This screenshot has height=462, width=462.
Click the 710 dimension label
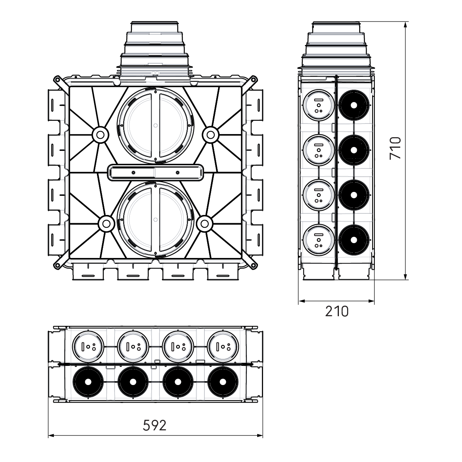point(396,148)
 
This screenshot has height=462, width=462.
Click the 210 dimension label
point(337,311)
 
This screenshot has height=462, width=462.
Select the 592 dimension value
point(155,425)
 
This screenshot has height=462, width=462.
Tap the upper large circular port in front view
point(155,125)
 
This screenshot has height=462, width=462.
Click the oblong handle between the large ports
point(155,172)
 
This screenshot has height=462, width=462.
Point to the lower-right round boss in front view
point(204,224)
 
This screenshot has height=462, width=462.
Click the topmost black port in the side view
point(354,105)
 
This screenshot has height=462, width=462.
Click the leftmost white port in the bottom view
point(88,346)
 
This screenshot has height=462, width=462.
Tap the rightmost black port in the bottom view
point(223,381)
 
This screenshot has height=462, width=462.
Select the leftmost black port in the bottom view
point(88,381)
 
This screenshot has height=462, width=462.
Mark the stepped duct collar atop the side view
point(337,47)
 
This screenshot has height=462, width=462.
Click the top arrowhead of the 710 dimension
point(406,24)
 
